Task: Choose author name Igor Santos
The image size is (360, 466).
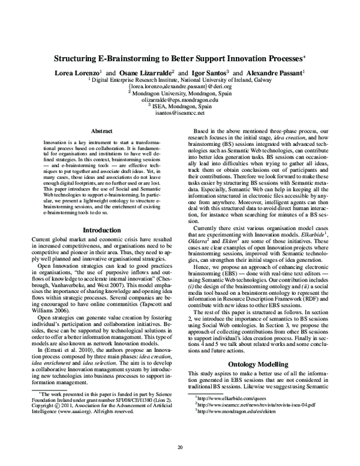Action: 199,71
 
